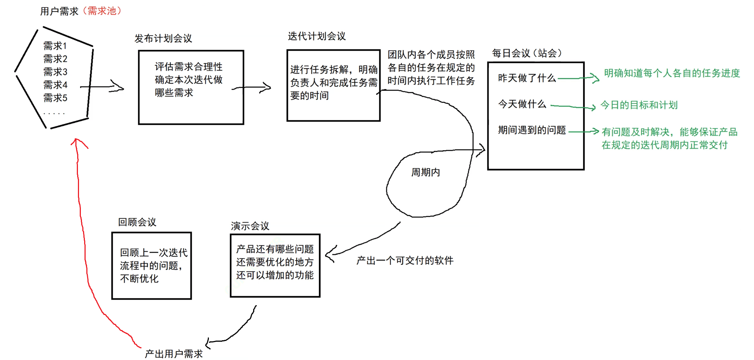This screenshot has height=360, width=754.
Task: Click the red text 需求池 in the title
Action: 102,11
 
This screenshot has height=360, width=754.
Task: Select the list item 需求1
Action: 55,46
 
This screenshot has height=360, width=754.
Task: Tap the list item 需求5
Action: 55,98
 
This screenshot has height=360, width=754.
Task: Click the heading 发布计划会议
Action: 163,38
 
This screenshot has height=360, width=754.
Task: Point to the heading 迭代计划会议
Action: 316,36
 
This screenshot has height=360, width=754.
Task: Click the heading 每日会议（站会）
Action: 526,53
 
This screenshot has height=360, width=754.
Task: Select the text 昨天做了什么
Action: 526,78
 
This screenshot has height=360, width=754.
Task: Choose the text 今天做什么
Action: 522,104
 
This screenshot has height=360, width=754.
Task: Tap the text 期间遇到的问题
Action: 532,130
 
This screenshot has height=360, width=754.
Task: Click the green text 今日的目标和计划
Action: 639,105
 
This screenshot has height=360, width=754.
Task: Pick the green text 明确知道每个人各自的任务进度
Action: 672,73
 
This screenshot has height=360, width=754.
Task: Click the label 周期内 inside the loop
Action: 425,172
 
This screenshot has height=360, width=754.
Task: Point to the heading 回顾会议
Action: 137,222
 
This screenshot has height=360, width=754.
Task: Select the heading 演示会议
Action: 250,226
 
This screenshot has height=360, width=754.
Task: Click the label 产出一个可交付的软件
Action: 405,260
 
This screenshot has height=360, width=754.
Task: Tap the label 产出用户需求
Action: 174,354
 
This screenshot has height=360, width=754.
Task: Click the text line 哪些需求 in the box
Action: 174,93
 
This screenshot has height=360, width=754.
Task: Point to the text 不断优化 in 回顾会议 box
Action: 139,279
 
